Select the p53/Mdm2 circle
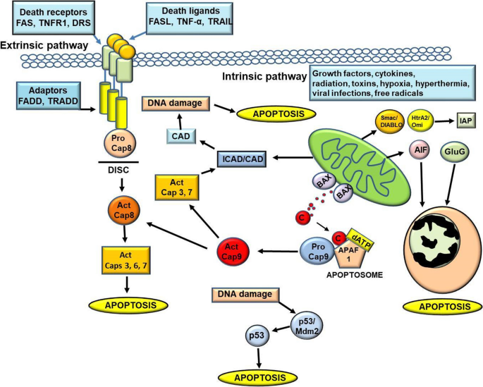click(x=306, y=324)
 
